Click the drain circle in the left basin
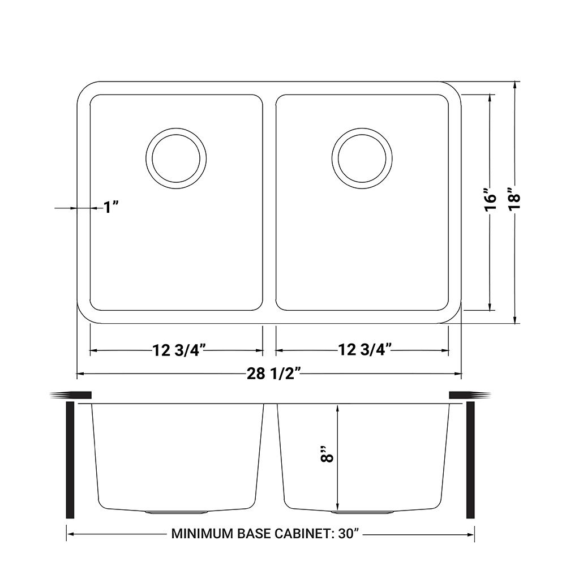click(176, 158)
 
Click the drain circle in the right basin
click(363, 158)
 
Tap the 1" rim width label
click(110, 208)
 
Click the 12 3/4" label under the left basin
click(177, 351)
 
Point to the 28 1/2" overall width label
click(270, 374)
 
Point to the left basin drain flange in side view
click(177, 512)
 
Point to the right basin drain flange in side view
click(363, 512)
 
